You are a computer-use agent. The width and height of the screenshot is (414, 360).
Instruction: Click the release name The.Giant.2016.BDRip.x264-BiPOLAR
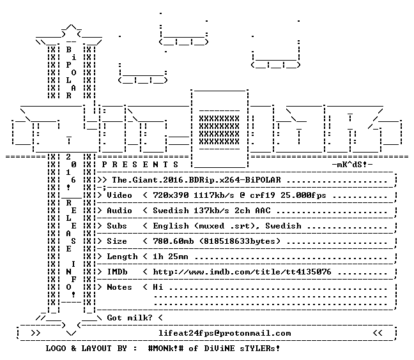[x=196, y=180]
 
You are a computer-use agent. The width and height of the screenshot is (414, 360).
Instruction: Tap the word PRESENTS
[x=140, y=165]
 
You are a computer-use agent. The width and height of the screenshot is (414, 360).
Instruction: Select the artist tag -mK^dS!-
[x=353, y=165]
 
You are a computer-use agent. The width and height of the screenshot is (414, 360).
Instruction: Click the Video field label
[x=119, y=195]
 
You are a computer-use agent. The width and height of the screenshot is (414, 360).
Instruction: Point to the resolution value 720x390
[x=171, y=195]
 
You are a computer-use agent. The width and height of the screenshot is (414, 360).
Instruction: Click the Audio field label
[x=119, y=211]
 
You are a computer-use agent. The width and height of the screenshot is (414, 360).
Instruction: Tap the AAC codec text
[x=263, y=211]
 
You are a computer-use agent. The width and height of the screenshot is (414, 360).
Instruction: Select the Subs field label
[x=117, y=226]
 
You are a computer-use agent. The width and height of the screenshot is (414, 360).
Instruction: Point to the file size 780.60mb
[x=173, y=241]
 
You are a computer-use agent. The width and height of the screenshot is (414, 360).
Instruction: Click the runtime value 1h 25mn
[x=171, y=257]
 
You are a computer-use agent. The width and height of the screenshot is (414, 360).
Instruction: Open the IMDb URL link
[x=242, y=272]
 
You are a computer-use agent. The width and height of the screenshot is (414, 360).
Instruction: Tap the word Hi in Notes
[x=158, y=287]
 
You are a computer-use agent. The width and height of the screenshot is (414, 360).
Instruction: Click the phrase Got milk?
[x=130, y=317]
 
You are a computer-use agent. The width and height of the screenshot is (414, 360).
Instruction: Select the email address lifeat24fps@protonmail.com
[x=224, y=333]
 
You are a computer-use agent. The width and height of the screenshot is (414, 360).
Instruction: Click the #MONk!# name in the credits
[x=166, y=348]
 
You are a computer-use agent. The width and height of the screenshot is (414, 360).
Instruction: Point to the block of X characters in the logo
[x=219, y=130]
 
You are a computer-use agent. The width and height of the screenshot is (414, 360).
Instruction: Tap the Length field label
[x=122, y=257]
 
